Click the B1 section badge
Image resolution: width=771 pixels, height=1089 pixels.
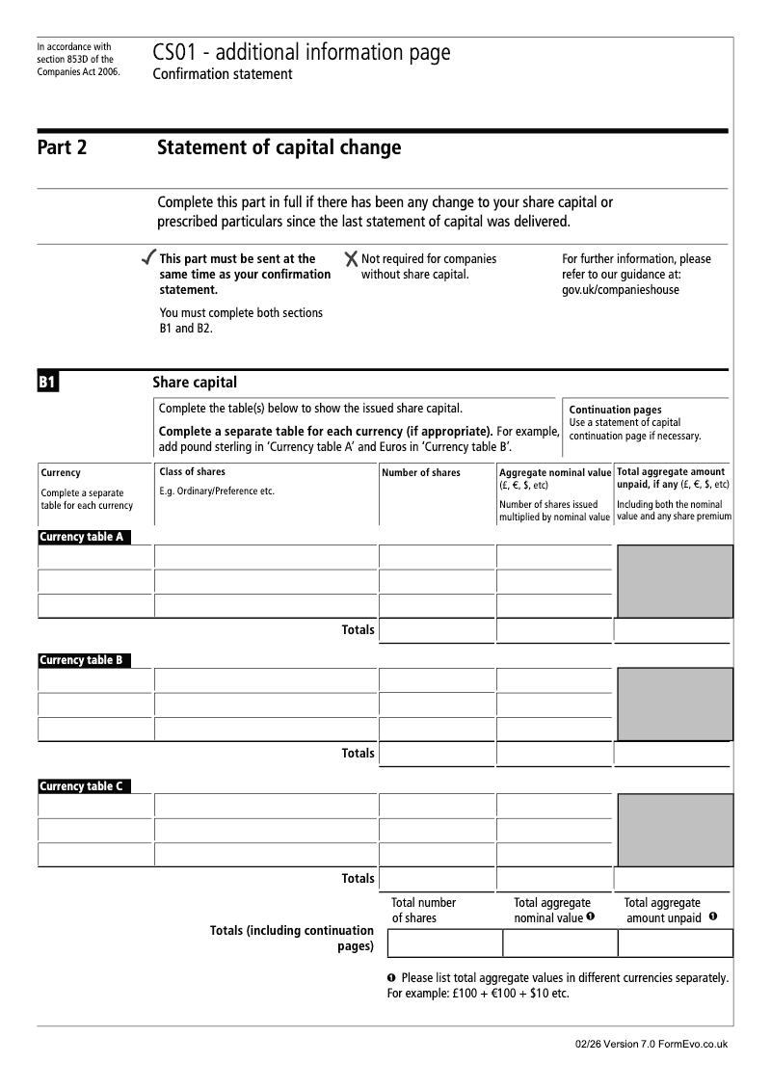coord(48,384)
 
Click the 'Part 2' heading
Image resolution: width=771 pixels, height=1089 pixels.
coord(62,148)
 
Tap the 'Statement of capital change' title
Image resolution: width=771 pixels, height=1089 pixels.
coord(279,147)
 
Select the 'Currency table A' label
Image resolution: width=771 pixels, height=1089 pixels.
coord(82,537)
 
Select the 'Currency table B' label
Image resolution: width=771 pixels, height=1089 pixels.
coord(82,660)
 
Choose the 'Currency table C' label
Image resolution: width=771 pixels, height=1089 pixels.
coord(82,786)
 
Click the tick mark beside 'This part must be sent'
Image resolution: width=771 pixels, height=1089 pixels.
coord(147,258)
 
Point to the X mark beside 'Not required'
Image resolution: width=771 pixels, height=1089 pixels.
coord(352,258)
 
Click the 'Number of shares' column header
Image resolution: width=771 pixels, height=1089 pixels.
coord(421,473)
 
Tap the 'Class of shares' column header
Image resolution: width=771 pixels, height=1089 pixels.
coord(192,472)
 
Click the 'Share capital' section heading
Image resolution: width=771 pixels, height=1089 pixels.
coord(195,383)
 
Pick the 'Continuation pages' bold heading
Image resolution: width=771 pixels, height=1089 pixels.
coord(615,410)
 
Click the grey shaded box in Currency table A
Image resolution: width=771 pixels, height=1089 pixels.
coord(675,581)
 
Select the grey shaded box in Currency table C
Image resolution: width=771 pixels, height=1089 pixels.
coord(675,830)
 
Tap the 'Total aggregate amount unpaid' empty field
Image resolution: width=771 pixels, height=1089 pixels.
coord(675,943)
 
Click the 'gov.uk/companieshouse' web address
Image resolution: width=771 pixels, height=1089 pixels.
coord(620,290)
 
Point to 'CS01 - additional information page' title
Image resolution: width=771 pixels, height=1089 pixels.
coord(301,53)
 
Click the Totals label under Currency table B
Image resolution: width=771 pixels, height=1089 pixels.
coord(358,753)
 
